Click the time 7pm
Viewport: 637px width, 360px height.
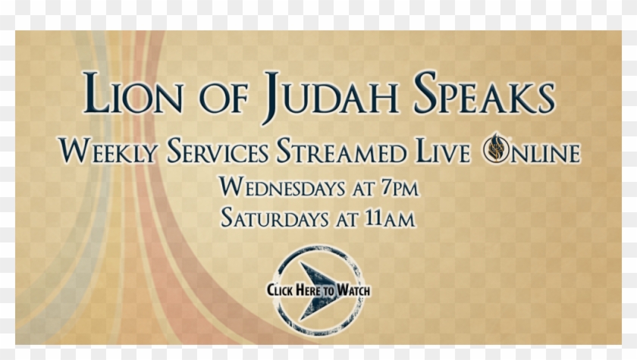(x=398, y=186)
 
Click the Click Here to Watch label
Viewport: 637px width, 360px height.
(x=318, y=290)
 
